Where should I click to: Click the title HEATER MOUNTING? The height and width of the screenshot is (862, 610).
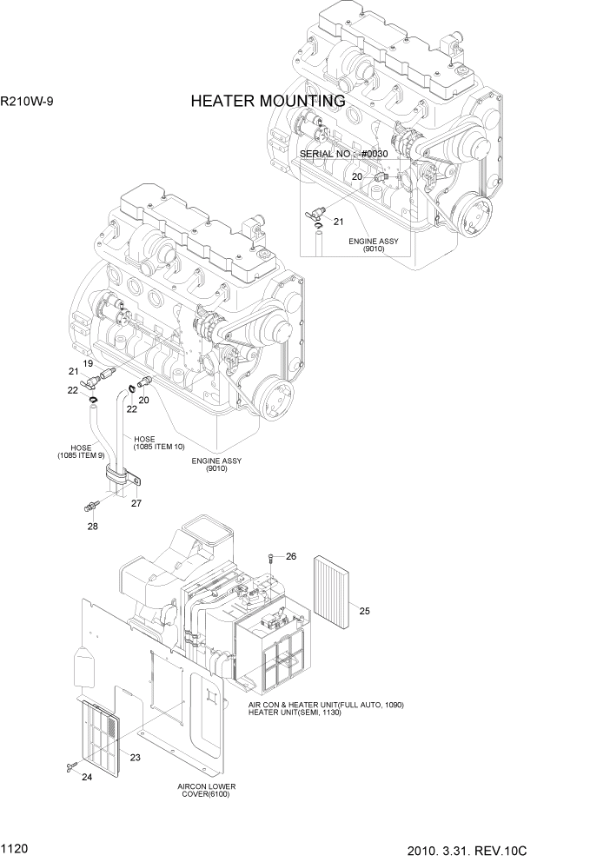coord(268,102)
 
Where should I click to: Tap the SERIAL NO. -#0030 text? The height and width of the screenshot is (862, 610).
coord(343,154)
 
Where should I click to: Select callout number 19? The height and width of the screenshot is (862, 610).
coord(88,362)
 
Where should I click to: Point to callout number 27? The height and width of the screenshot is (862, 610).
coord(136,502)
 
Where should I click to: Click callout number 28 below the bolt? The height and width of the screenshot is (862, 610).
coord(92,526)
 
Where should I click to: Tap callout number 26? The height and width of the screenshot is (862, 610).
coord(291,556)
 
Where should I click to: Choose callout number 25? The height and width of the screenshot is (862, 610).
coord(365,611)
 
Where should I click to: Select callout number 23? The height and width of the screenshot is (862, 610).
coord(135,756)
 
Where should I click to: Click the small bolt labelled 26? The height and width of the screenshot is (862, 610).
coord(272,557)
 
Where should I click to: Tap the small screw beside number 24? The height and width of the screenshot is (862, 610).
coord(69,765)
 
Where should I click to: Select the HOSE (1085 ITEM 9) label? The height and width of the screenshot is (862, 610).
coord(80,451)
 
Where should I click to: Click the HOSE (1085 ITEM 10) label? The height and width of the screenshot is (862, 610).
coord(159,443)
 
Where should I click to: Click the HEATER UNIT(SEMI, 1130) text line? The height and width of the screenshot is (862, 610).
coord(295,713)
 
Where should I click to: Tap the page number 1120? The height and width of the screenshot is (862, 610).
coord(16,844)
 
